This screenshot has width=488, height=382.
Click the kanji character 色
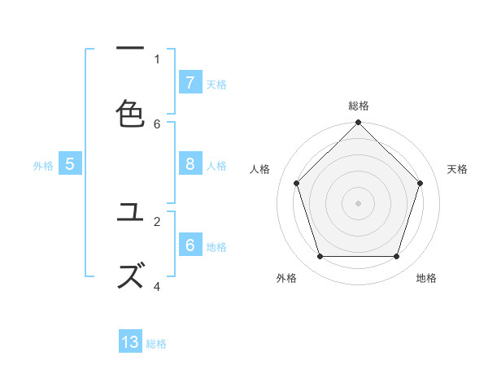point(130,113)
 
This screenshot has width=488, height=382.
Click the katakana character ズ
point(130,276)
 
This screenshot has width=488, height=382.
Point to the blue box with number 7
point(190,82)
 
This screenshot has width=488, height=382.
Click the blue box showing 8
point(190,164)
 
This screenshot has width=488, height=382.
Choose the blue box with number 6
point(190,245)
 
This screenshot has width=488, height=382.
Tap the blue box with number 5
point(70,164)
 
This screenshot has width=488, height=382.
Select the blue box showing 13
point(130,342)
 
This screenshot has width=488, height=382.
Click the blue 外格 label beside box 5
point(43,165)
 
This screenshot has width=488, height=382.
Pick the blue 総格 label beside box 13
point(156,343)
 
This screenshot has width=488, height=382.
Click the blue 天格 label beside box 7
point(216,83)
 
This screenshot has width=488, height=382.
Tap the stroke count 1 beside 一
point(157,59)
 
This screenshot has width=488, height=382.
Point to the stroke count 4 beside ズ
point(157,285)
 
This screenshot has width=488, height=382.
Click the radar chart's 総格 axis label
point(359,106)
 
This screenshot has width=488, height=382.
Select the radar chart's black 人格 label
point(260,169)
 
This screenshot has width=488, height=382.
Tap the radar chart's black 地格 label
point(426,278)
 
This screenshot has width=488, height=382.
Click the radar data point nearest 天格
point(420,183)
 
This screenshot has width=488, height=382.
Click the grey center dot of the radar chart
point(358,202)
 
